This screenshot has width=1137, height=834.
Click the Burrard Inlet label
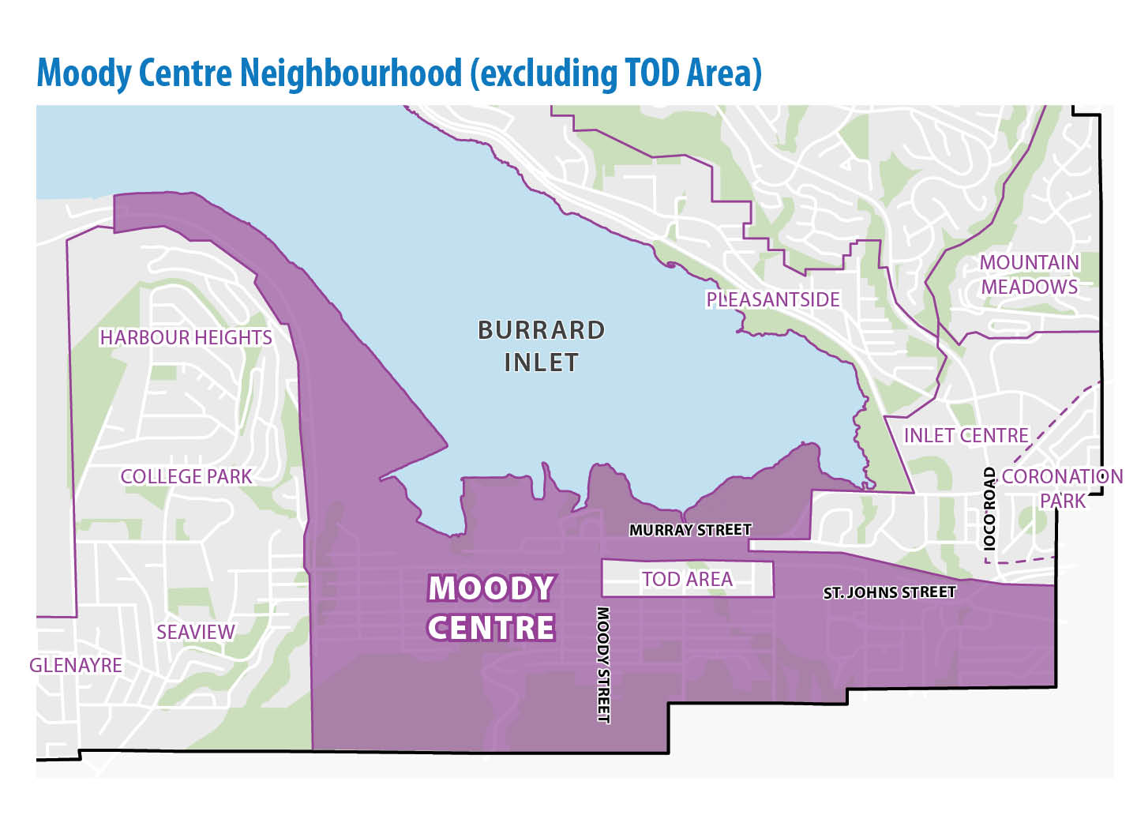click(541, 346)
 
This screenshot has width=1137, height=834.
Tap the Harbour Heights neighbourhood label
click(186, 338)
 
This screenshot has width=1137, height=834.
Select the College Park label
click(186, 477)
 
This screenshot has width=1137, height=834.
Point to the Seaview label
click(195, 633)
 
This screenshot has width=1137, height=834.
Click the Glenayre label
click(76, 666)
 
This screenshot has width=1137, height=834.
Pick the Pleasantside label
click(772, 300)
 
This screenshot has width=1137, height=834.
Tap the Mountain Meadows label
click(1029, 275)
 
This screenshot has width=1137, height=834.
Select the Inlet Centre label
click(966, 436)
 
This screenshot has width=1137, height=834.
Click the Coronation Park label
click(1062, 489)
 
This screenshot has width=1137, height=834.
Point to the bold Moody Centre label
click(490, 608)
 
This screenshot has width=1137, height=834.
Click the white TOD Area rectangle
click(687, 579)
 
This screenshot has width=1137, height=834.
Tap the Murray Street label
click(690, 530)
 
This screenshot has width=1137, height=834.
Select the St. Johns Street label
click(889, 592)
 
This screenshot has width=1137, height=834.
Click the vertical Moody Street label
click(603, 664)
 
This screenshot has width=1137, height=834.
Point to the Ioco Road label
click(989, 509)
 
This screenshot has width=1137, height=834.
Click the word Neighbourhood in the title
click(351, 73)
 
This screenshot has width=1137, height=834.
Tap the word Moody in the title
click(84, 73)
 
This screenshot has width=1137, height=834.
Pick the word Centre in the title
click(186, 73)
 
